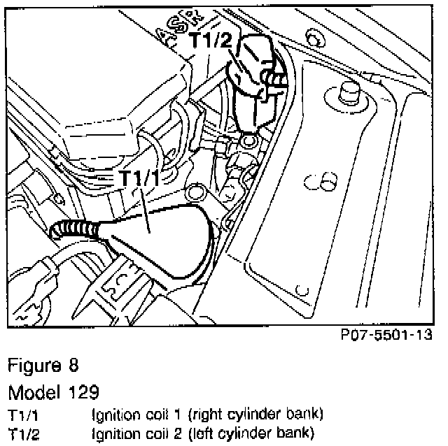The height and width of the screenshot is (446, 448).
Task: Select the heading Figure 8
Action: pos(43,365)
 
